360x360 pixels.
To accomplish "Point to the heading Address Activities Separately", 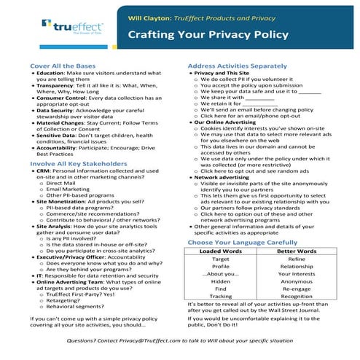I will [241, 66].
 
